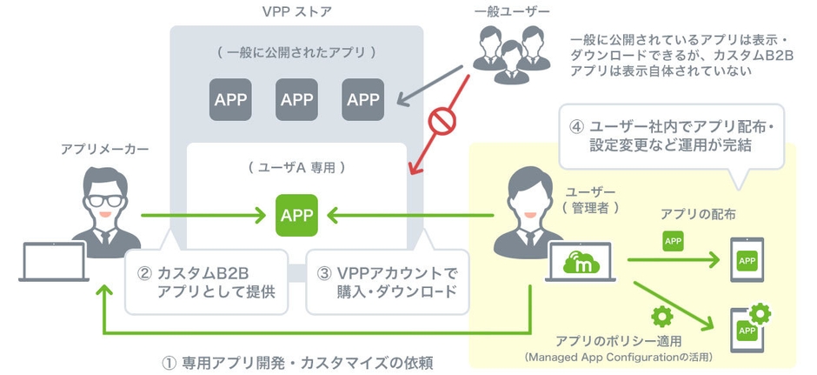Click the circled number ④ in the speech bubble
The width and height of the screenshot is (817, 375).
pos(577,125)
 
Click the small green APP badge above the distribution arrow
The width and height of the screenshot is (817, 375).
pos(673,240)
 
